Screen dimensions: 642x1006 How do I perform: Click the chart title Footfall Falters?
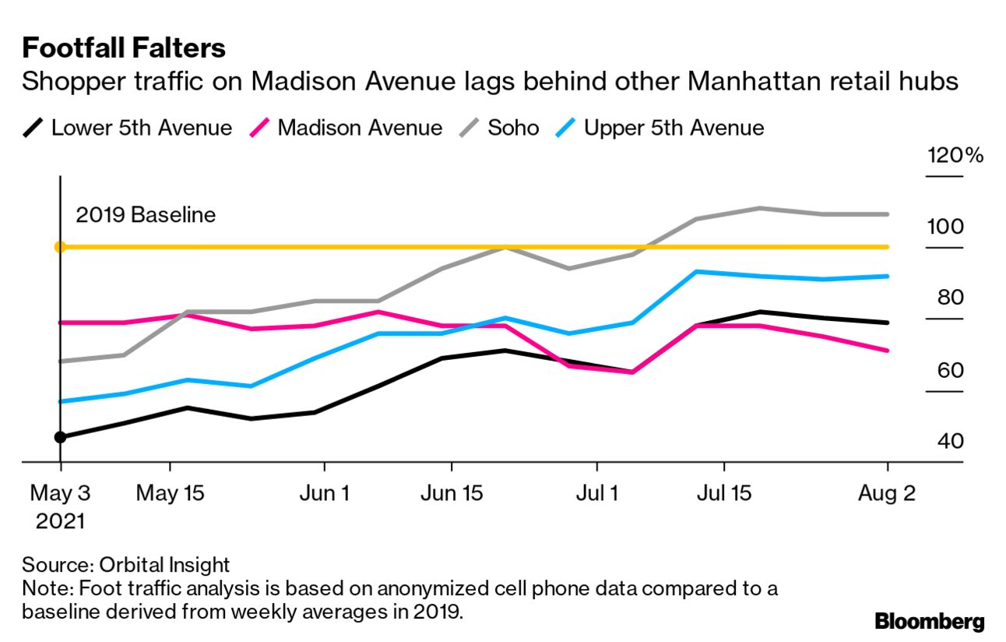click(124, 48)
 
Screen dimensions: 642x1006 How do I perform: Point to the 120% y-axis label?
click(955, 155)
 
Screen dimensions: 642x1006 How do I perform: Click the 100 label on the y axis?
click(944, 227)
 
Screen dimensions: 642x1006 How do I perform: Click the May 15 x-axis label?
click(171, 494)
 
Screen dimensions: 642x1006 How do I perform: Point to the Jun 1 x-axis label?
click(323, 494)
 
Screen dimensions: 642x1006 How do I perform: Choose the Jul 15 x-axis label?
click(724, 494)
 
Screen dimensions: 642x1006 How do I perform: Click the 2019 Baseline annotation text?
click(146, 214)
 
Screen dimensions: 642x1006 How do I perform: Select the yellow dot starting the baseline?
click(60, 247)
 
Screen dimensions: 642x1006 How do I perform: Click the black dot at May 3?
click(60, 437)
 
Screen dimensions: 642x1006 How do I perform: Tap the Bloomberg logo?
click(929, 621)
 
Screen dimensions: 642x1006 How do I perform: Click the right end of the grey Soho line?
click(888, 213)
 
